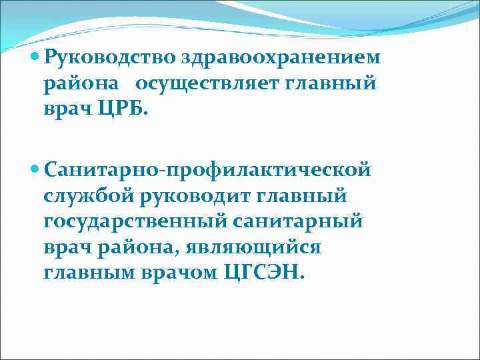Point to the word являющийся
(x=251, y=247)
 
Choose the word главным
(x=85, y=273)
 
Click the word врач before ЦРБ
(x=67, y=110)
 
